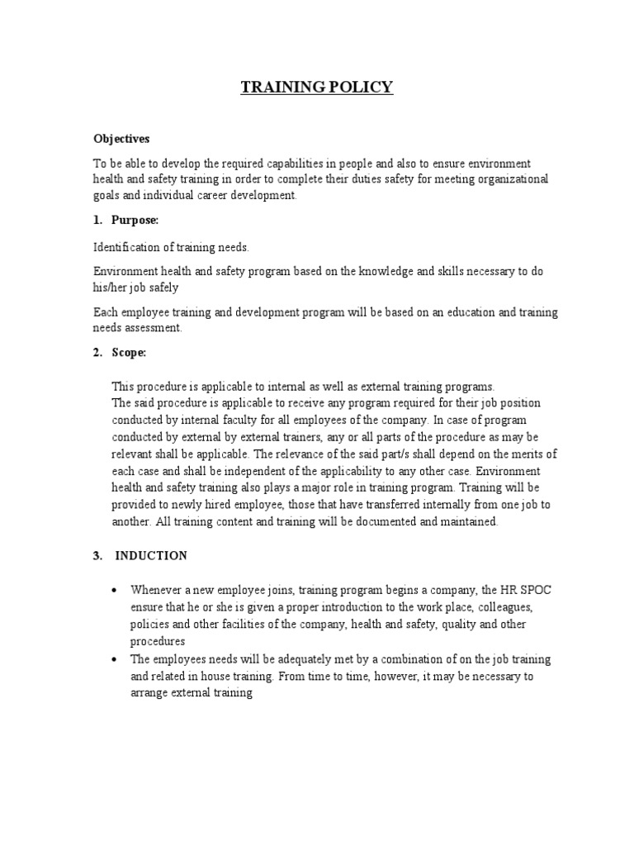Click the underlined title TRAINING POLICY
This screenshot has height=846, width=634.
tap(317, 87)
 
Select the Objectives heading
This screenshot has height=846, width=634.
tap(121, 139)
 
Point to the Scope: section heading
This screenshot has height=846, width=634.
tap(129, 353)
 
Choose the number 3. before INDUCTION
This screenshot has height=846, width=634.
tap(97, 556)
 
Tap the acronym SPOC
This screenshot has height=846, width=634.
tap(523, 590)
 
